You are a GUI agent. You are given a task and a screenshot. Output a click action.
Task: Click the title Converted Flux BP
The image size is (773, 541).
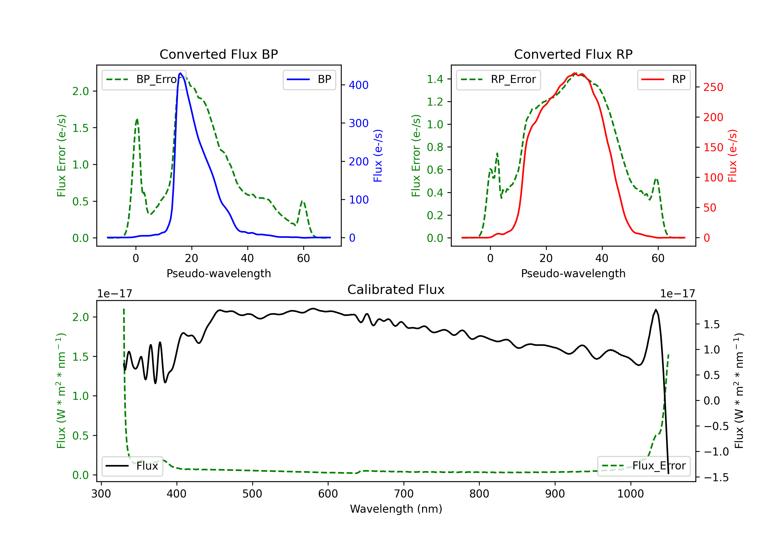coord(219,54)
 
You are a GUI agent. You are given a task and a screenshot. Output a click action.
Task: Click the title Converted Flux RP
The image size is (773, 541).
coord(573,54)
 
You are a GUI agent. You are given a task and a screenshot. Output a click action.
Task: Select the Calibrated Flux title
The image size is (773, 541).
coord(396,290)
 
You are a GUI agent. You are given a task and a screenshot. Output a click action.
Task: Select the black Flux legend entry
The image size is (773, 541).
coord(132,466)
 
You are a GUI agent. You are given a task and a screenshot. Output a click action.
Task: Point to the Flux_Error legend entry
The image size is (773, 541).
coord(644,466)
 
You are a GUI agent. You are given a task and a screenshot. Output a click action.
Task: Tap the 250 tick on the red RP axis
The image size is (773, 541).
coord(713,87)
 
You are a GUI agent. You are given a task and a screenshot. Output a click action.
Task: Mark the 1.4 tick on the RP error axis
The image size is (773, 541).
coord(435,79)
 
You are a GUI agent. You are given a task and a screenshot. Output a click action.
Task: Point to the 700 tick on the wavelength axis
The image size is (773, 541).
coord(404,494)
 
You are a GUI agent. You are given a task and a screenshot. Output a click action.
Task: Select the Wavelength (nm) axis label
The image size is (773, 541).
coord(396,509)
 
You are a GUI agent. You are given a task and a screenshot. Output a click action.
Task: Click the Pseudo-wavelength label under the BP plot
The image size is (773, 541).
coord(219,273)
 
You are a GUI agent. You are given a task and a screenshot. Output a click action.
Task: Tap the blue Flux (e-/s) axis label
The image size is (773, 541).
coord(378,156)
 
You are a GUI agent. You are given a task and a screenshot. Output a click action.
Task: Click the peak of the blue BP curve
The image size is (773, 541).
coord(180,73)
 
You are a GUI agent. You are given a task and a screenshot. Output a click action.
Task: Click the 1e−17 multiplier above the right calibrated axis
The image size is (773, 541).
coord(677,294)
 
